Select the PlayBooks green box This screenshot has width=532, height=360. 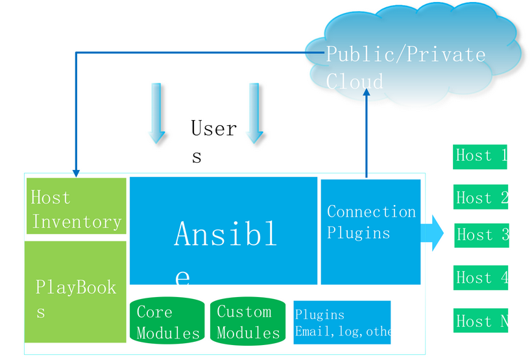[75, 292]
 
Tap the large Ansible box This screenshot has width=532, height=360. [223, 230]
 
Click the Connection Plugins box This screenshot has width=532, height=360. [370, 232]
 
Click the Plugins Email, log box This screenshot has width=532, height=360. [342, 322]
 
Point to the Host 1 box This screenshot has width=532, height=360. [479, 156]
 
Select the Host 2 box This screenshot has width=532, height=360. [480, 198]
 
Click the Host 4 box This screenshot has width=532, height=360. [480, 278]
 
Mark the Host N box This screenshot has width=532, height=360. [480, 320]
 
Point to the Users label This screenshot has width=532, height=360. [213, 139]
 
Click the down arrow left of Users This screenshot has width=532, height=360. [156, 114]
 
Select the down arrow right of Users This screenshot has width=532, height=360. [255, 114]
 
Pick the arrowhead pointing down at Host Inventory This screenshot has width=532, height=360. [76, 173]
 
